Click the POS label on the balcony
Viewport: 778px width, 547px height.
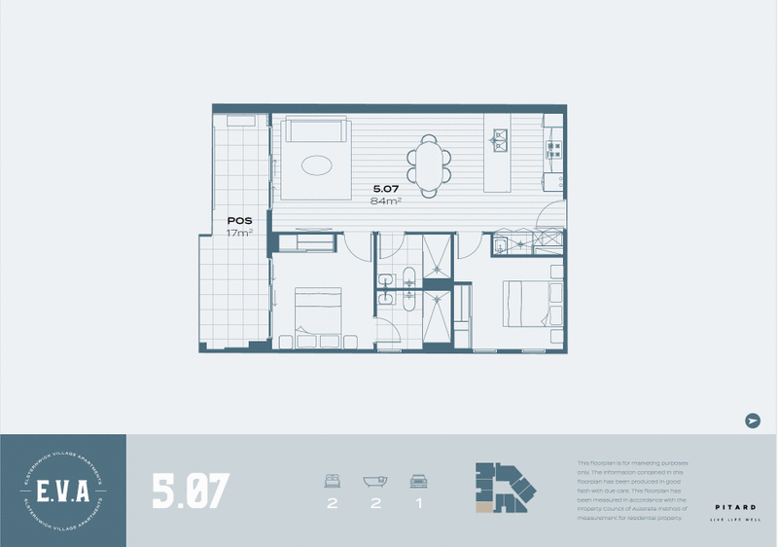(239, 221)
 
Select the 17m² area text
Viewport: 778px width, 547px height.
(239, 234)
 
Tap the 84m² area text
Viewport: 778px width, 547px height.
(386, 201)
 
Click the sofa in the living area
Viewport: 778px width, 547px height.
(314, 131)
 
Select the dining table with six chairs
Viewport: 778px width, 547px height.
(429, 161)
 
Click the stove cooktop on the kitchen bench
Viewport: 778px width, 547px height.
(554, 149)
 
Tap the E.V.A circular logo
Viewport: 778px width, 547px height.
(62, 491)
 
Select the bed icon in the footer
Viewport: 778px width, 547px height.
(333, 480)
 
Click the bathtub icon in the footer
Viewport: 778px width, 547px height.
(373, 480)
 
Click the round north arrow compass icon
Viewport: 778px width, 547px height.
(752, 420)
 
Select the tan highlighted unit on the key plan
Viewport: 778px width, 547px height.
(483, 505)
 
